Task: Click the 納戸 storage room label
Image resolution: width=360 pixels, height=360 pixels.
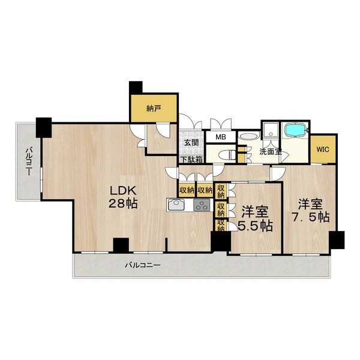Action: (154, 109)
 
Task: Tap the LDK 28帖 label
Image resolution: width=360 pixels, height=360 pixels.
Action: (123, 197)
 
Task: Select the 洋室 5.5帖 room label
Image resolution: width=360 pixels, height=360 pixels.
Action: (255, 219)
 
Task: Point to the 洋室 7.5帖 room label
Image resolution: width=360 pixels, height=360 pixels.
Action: (310, 211)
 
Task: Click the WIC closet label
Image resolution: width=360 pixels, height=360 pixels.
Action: (323, 149)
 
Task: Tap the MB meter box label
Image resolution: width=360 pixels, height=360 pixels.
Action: (220, 137)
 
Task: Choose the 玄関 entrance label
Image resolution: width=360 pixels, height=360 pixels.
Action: (191, 143)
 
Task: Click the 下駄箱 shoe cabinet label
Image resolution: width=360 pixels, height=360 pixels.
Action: (191, 160)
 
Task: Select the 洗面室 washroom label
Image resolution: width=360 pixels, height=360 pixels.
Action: (271, 152)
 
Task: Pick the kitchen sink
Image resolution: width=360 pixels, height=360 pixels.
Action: (176, 205)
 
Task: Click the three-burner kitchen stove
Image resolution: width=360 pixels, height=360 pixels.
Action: (202, 205)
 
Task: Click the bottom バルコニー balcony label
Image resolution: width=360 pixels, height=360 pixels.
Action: (143, 266)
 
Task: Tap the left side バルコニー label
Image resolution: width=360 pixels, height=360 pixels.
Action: (29, 162)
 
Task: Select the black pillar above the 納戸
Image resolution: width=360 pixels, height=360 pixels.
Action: (136, 87)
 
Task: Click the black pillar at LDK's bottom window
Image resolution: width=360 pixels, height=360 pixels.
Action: (121, 245)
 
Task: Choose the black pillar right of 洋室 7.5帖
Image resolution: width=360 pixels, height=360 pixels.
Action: (337, 240)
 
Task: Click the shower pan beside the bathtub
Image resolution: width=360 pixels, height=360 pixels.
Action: (271, 130)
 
